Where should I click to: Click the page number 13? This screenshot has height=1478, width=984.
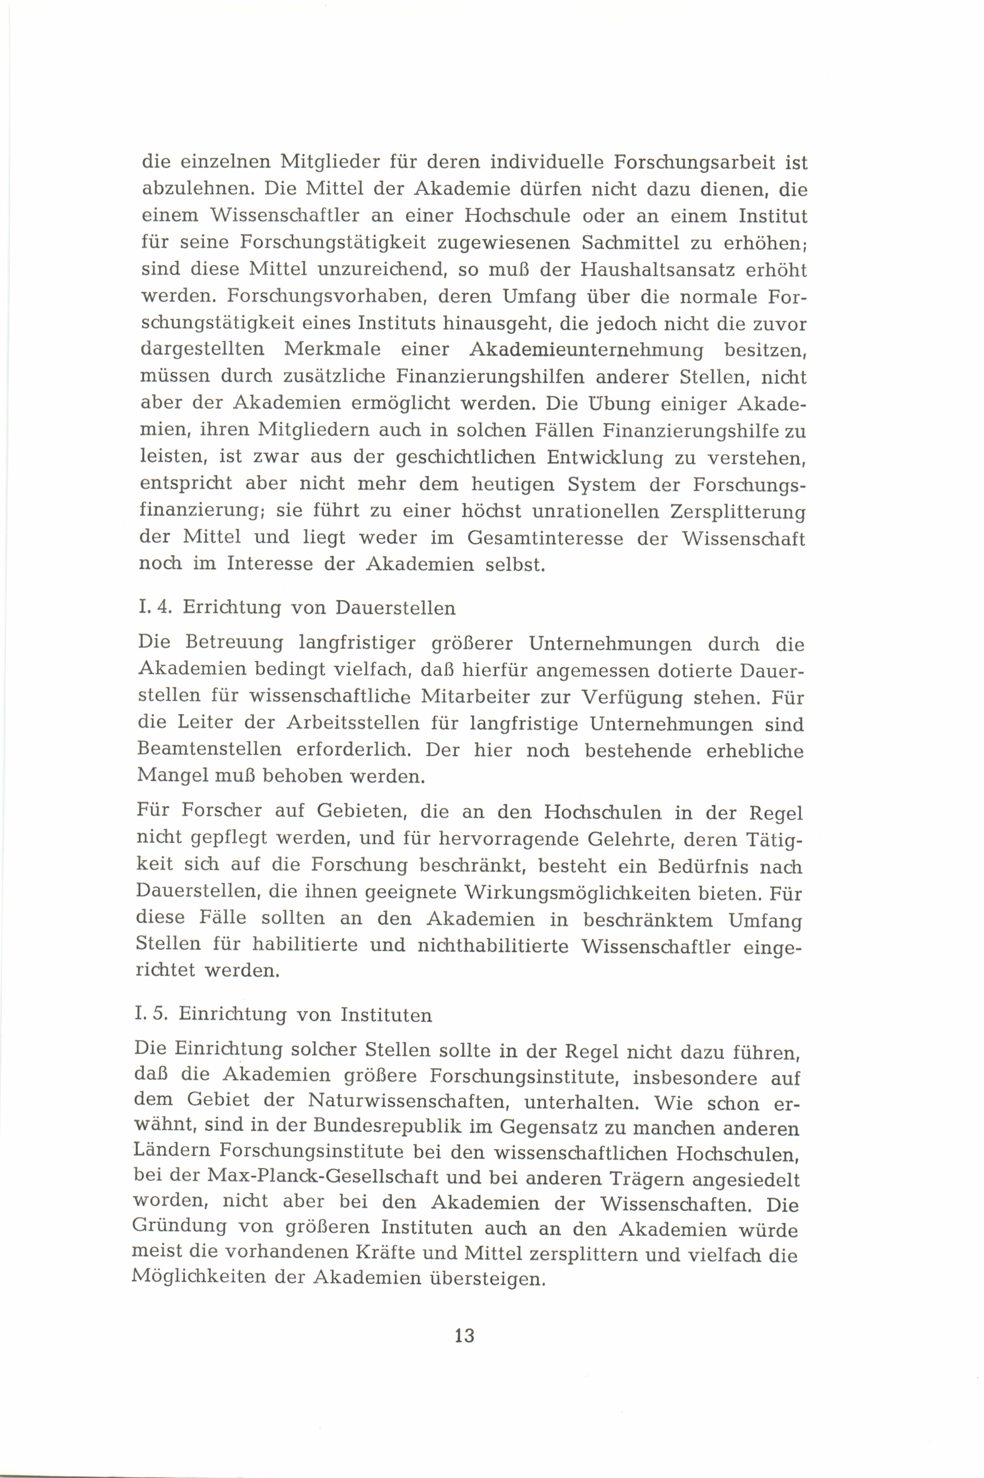click(x=464, y=1335)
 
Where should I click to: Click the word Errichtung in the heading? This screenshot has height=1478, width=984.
click(x=232, y=608)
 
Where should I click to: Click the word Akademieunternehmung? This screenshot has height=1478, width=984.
click(x=587, y=350)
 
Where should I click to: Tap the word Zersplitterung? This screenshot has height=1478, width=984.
click(x=737, y=511)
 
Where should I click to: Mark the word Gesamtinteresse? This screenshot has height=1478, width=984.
click(x=544, y=539)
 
